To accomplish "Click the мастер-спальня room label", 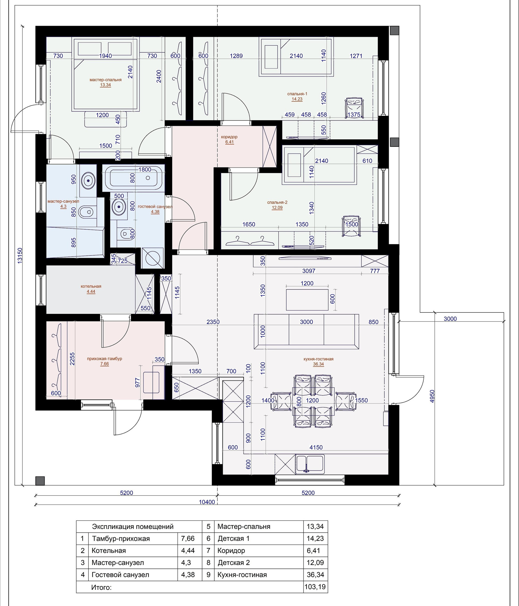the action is (x=105, y=80).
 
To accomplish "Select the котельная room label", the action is (x=91, y=286).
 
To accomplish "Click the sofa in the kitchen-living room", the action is (x=306, y=331).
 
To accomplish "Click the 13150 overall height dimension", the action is (x=20, y=256).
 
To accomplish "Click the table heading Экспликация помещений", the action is (x=133, y=526).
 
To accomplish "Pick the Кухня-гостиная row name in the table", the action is (x=242, y=575).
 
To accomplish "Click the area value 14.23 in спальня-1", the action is (x=297, y=99).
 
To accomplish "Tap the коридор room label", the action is (x=229, y=137).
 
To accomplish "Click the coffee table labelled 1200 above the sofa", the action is (x=307, y=300).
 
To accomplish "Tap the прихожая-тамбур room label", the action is (x=105, y=359).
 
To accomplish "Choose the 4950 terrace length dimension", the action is (x=432, y=396).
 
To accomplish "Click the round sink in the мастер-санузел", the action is (x=88, y=180).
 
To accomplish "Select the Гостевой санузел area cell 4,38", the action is (x=188, y=575).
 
